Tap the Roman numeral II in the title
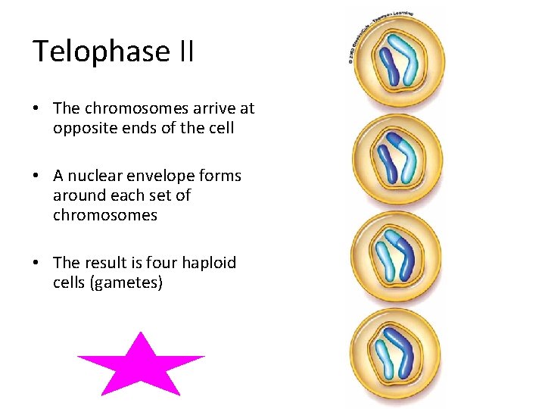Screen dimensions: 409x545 pos(185,52)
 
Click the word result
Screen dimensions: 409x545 pos(107,263)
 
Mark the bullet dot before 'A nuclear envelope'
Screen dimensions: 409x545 pos(36,176)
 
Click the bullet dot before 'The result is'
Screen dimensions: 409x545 pos(36,263)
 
